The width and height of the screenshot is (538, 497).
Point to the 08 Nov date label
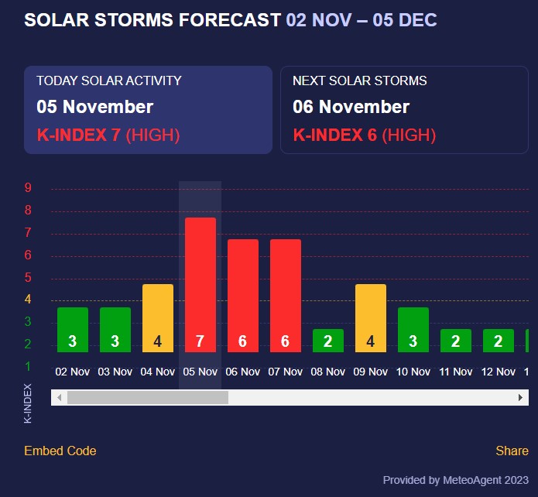click(x=328, y=372)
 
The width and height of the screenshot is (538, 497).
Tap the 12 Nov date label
click(x=499, y=372)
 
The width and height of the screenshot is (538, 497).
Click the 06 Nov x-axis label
click(x=243, y=372)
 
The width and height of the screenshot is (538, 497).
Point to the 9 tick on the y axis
click(x=28, y=188)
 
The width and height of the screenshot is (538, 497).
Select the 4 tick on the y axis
click(x=28, y=300)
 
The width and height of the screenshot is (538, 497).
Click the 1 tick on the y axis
click(x=28, y=366)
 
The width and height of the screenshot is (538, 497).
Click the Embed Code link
click(x=60, y=451)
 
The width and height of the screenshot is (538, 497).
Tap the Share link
click(x=512, y=451)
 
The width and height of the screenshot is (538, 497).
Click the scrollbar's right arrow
click(x=521, y=397)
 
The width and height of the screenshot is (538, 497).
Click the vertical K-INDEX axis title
click(x=29, y=403)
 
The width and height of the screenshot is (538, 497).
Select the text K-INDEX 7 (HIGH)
click(x=108, y=135)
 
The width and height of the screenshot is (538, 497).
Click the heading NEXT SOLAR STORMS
click(x=360, y=81)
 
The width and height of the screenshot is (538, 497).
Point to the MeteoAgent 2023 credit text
click(x=455, y=480)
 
